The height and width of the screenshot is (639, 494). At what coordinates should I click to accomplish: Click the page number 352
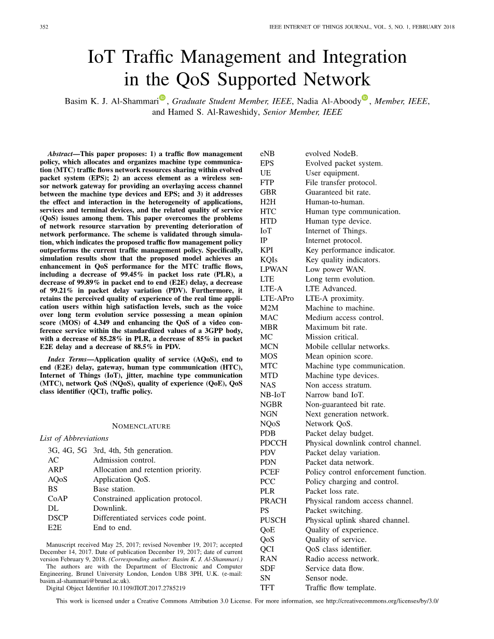coord(44,27)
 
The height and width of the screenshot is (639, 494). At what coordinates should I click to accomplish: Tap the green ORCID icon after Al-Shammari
coord(162,98)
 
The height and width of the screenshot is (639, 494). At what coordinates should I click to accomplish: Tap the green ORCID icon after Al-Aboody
coord(365,98)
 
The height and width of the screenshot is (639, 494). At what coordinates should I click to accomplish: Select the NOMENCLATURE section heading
coord(141,426)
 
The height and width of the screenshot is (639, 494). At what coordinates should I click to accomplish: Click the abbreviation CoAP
coord(58,498)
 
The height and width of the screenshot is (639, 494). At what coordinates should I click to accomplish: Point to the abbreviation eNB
coord(268,154)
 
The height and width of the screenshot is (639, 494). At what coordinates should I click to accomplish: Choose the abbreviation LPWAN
coord(274,269)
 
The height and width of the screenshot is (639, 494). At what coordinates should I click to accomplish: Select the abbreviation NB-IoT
coord(273,395)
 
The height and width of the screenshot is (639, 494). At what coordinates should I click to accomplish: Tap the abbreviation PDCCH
coord(273,443)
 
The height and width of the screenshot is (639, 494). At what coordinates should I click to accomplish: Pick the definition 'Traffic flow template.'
coord(340,588)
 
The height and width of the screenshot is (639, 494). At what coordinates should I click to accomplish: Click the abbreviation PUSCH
coord(273,520)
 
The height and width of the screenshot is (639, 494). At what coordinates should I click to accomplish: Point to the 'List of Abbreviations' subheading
coord(74,438)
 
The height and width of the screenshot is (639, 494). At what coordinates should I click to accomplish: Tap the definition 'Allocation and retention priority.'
coord(147,470)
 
